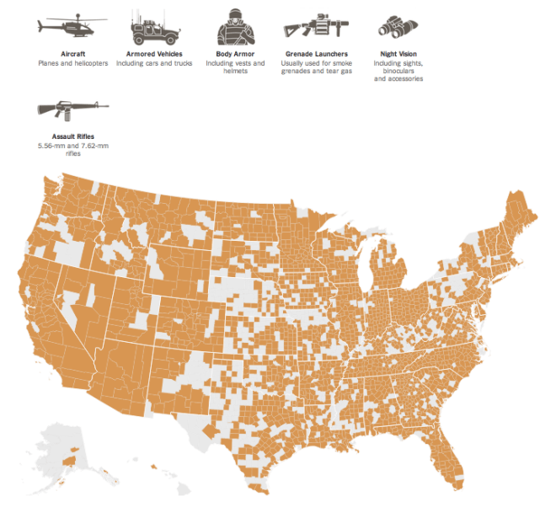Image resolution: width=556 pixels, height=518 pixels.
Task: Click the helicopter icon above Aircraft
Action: pos(72,27)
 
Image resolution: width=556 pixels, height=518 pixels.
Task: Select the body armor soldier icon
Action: pos(235,28)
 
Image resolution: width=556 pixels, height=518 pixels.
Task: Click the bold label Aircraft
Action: pos(72,54)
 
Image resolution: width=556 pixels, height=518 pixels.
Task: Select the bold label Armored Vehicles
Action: pos(154,54)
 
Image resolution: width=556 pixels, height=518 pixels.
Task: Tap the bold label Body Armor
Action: pos(235,54)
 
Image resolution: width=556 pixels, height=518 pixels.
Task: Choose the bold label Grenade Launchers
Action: pos(316,54)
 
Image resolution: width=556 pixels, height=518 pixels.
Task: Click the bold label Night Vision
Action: pos(398,54)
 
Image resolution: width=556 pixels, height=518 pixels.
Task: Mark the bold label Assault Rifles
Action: pos(72,136)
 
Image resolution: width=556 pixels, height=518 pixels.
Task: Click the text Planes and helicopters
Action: pos(72,63)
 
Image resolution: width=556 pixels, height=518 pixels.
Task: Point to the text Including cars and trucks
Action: pos(154,63)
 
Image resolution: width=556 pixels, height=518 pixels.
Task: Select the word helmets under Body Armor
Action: pos(235,72)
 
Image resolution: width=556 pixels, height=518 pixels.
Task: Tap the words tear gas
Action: pos(338,72)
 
